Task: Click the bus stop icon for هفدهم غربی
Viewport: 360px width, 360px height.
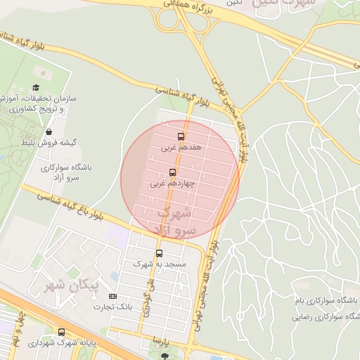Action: click(x=181, y=136)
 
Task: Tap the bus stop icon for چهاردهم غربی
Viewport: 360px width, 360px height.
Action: click(x=173, y=172)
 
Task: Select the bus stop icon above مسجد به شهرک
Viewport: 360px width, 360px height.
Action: click(x=159, y=253)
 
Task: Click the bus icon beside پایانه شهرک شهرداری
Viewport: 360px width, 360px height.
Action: click(x=61, y=333)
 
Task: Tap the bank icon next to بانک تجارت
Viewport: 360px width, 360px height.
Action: click(x=112, y=306)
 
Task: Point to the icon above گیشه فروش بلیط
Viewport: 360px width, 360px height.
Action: click(x=49, y=131)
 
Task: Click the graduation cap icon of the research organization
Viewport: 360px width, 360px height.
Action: click(x=35, y=89)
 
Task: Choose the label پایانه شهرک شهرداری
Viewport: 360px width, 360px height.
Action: click(x=64, y=344)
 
